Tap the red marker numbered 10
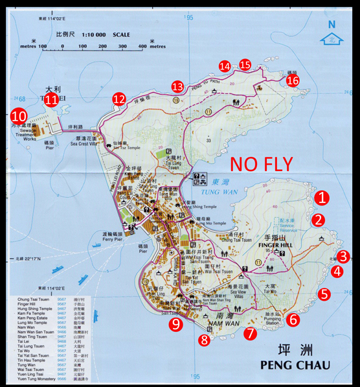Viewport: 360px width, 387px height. coord(19,117)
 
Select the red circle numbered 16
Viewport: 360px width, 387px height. coord(293,80)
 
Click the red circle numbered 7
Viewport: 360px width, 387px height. coord(250,334)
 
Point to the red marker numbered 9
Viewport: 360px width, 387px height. coord(175,324)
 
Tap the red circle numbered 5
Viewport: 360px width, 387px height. coord(324,294)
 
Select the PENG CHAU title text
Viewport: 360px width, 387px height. coord(295,365)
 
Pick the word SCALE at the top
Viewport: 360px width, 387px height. coord(121,34)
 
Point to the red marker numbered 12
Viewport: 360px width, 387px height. coord(119,99)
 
